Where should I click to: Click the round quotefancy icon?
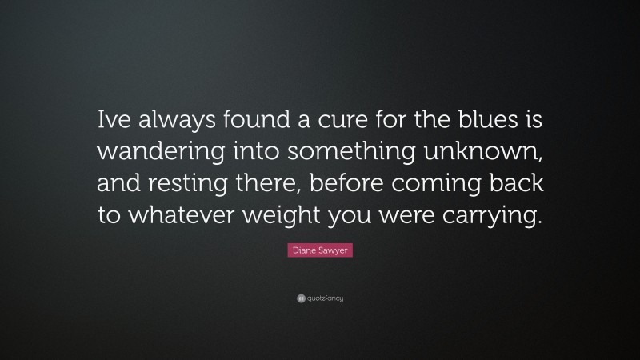click(300, 298)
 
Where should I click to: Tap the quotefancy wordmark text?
click(326, 298)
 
